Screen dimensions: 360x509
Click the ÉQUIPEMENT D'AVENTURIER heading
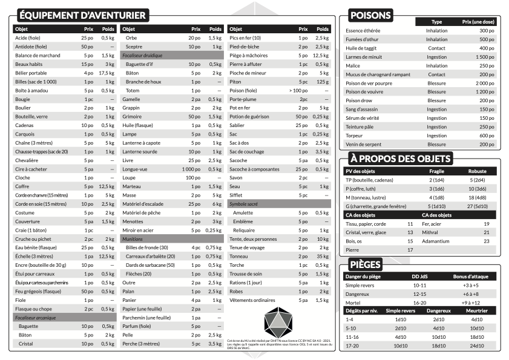[x=82, y=15]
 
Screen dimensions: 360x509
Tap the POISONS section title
[x=371, y=15]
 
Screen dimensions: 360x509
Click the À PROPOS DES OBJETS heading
[x=401, y=159]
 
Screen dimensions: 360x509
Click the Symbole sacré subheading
[x=244, y=204]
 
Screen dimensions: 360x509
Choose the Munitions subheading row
[x=133, y=239]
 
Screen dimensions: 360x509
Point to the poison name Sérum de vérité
[x=363, y=118]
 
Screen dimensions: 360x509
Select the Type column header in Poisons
[x=436, y=22]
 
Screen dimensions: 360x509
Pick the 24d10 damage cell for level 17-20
[x=476, y=345]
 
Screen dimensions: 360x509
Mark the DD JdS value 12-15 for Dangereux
[x=419, y=293]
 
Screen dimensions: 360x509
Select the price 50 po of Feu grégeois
[x=88, y=292]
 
